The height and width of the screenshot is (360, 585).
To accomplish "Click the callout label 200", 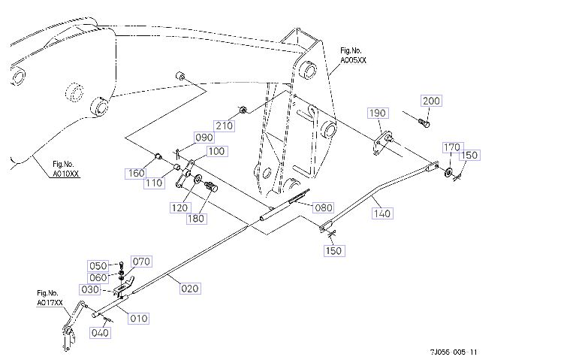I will tap(431, 101).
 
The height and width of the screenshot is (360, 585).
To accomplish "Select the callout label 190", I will tap(377, 113).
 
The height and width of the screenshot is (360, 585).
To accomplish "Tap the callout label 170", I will tap(451, 147).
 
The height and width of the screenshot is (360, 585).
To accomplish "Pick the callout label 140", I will tap(382, 213).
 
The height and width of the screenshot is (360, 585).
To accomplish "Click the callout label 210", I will tap(224, 126).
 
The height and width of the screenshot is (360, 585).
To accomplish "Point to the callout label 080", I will tap(323, 207).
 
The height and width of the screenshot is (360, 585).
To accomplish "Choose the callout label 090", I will tap(204, 138).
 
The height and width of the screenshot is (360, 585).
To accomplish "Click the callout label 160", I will tap(135, 174).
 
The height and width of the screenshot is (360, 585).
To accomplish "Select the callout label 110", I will tap(155, 183).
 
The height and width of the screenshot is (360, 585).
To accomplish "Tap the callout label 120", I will tap(179, 207).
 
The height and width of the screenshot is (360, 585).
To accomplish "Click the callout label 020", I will tap(190, 287).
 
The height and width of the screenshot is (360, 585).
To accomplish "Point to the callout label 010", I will tap(139, 319).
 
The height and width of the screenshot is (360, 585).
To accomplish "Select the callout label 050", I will tap(98, 266).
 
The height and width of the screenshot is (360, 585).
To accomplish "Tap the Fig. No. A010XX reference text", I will tap(65, 168).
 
